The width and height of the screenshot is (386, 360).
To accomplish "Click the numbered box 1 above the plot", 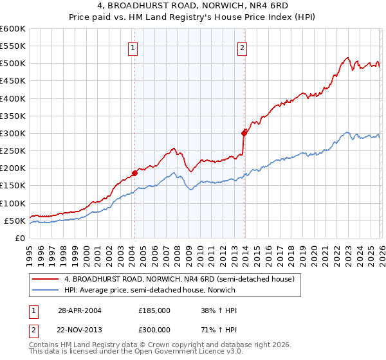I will tap(133, 47).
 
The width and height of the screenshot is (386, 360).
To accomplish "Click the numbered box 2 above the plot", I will tap(243, 47).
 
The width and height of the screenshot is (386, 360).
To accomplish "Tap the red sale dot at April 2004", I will tap(134, 173).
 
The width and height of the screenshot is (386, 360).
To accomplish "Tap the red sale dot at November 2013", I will tap(244, 133).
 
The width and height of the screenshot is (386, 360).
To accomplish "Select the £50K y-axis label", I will tap(15, 221).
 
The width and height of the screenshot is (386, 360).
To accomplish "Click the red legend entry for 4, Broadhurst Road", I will tap(179, 279).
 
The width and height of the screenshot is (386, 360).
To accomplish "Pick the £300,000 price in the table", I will tap(154, 329).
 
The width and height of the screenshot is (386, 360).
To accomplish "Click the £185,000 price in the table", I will tap(154, 310).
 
